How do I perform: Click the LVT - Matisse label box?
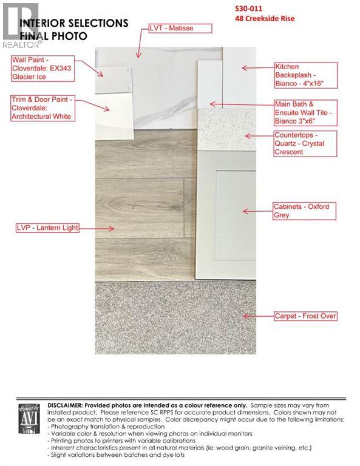[x=180, y=29]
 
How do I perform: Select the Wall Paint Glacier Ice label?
[x=43, y=69]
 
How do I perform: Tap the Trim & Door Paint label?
[x=43, y=108]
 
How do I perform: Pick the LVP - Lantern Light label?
[x=47, y=228]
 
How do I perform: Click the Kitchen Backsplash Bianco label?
[x=306, y=75]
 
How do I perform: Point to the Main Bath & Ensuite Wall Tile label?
[x=305, y=113]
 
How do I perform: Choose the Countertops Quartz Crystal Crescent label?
[x=305, y=144]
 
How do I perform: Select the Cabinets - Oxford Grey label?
[x=305, y=211]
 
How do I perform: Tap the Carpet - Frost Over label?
[x=305, y=316]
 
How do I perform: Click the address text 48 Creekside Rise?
[x=265, y=18]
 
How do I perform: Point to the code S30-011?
[x=248, y=8]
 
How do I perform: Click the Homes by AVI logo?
[x=29, y=418]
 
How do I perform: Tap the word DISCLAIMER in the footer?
[x=64, y=405]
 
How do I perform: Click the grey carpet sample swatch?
[x=175, y=317]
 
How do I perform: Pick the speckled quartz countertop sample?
[x=227, y=130]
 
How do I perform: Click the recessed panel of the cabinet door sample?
[x=236, y=215]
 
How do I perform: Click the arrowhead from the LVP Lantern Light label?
[x=111, y=228]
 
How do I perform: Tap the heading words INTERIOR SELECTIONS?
[x=74, y=23]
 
